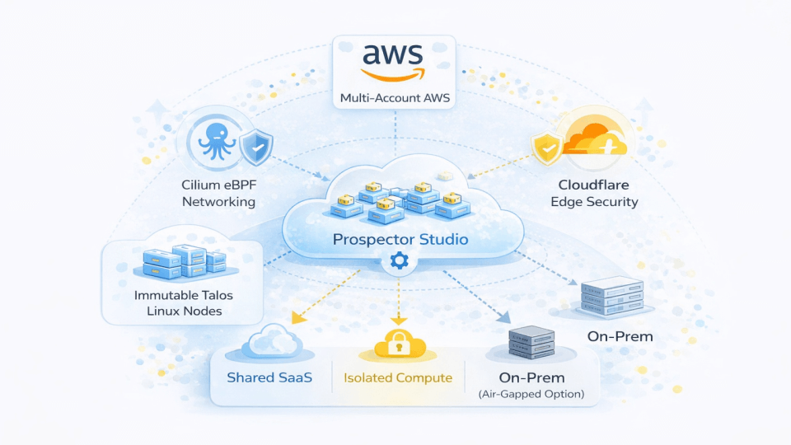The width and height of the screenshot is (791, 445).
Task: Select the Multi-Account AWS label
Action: (395, 98)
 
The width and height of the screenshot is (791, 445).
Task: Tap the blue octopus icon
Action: (217, 141)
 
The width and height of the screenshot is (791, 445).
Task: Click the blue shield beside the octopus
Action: (256, 147)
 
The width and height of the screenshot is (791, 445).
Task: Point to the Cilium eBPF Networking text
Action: (219, 193)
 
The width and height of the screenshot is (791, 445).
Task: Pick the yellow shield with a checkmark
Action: (547, 148)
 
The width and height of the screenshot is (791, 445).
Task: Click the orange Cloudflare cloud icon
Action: (595, 138)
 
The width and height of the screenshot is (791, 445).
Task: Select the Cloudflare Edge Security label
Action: (594, 193)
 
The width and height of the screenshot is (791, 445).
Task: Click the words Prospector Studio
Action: (400, 239)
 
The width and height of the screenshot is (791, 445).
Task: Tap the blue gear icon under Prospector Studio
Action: (399, 261)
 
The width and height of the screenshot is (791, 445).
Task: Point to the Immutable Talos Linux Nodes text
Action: (184, 302)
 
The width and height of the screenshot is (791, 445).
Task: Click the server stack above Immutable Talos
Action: (185, 262)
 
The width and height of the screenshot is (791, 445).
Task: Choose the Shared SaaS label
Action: (269, 377)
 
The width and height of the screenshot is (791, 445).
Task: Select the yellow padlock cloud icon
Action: (400, 344)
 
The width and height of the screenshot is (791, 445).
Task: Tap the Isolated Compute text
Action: (398, 378)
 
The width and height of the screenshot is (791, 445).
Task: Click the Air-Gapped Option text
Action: (531, 394)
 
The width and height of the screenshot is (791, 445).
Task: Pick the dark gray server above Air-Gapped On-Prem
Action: (531, 341)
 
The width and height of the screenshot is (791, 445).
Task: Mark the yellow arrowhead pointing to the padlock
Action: (399, 321)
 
